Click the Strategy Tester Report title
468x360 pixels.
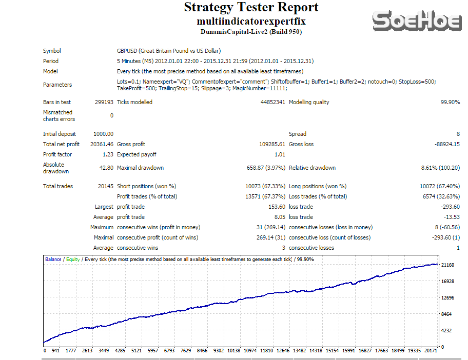point(251,8)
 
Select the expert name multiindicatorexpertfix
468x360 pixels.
point(251,22)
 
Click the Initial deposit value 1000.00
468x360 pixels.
point(103,134)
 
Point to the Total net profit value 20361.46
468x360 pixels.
point(102,144)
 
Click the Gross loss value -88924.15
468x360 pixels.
point(447,144)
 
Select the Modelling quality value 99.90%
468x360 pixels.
point(450,102)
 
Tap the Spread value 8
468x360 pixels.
point(458,134)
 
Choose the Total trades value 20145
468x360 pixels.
point(105,186)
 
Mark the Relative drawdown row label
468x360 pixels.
point(312,168)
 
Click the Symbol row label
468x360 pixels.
point(52,51)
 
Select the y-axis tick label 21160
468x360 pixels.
point(448,265)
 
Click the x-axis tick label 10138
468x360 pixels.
point(233,351)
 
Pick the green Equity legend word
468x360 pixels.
point(73,259)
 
